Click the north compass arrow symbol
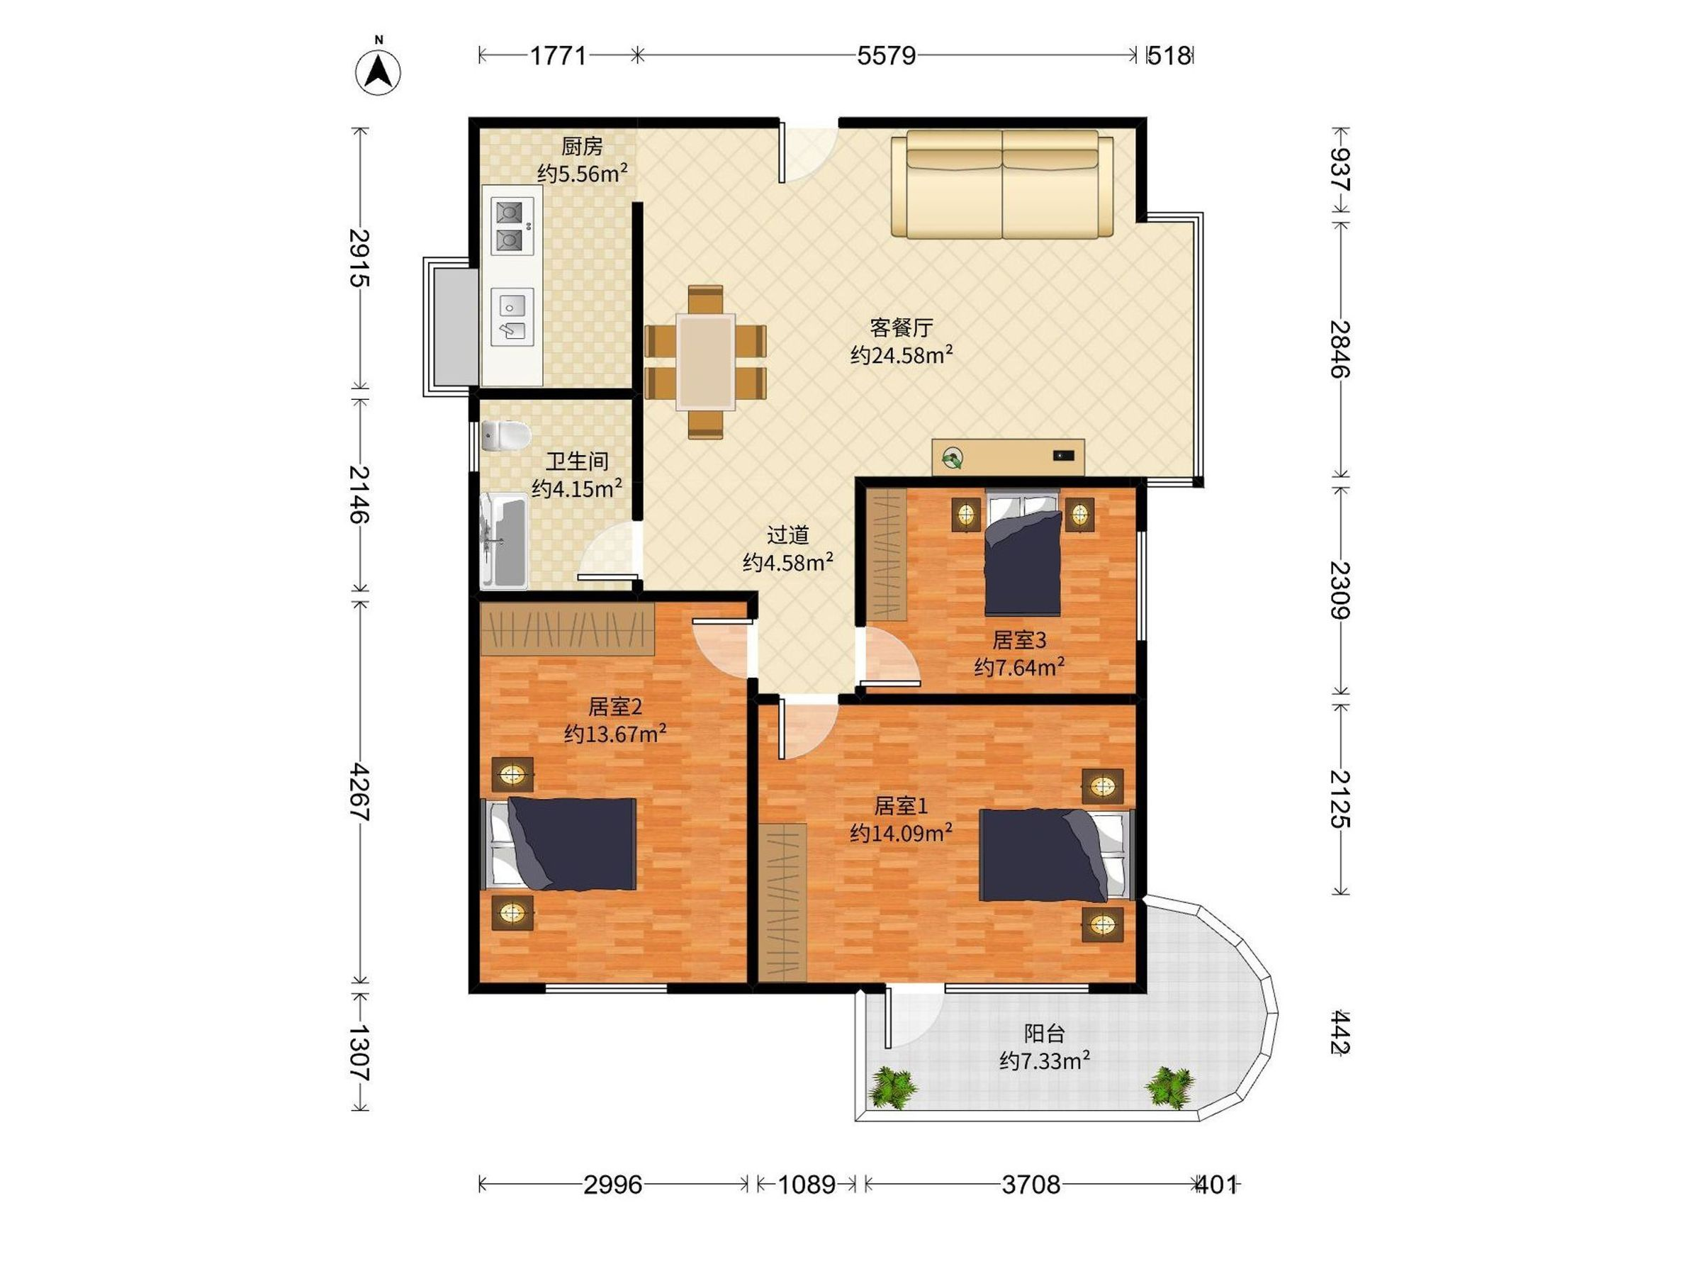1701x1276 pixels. (378, 72)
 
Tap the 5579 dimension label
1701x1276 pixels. (887, 55)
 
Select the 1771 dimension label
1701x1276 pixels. (558, 55)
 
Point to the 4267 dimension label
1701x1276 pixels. (360, 793)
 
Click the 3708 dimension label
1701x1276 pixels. (1031, 1185)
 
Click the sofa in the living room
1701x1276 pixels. (1002, 184)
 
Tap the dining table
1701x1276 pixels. (705, 362)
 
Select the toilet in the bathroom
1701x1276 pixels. (505, 436)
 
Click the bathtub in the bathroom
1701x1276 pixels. (504, 542)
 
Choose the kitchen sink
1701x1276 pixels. (512, 317)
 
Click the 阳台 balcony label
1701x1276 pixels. (1043, 1033)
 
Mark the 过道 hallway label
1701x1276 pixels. (787, 535)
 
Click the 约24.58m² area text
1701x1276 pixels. (902, 355)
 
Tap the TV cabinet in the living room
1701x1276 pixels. (1008, 457)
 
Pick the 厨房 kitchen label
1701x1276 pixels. (581, 145)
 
